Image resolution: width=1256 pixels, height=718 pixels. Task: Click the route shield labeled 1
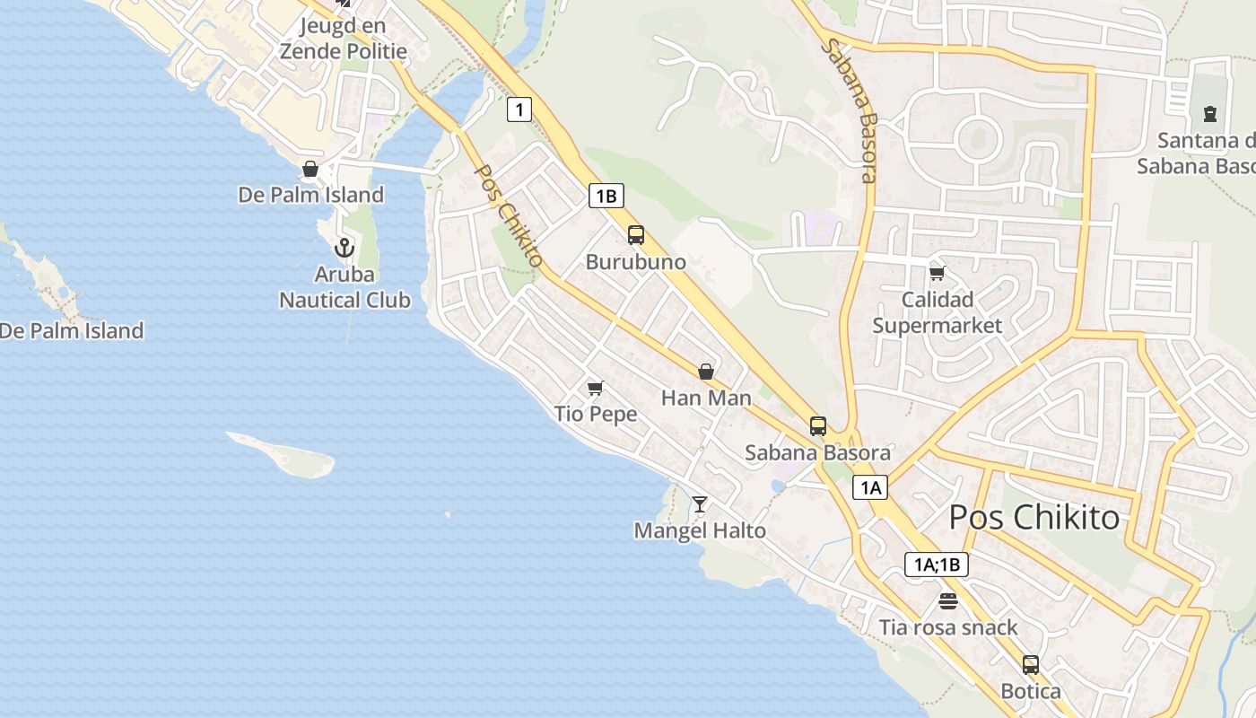click(x=519, y=109)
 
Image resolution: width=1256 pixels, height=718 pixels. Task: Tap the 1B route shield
click(x=606, y=196)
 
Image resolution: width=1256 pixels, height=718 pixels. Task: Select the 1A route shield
click(x=869, y=487)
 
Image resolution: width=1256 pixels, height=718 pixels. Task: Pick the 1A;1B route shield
click(x=936, y=565)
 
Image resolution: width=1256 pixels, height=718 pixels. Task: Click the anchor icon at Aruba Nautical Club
click(x=344, y=248)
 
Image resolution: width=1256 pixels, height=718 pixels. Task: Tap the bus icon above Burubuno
click(x=636, y=235)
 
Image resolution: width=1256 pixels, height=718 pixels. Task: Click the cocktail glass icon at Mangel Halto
click(x=700, y=504)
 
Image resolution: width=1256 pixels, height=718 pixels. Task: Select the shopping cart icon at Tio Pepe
click(x=595, y=388)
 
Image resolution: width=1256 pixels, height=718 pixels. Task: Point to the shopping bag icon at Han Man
click(x=706, y=372)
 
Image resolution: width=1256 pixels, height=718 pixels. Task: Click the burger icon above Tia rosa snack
click(x=948, y=600)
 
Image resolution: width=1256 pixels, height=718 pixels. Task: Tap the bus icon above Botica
click(x=1031, y=665)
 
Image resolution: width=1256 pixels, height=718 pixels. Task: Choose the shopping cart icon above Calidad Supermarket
click(x=937, y=273)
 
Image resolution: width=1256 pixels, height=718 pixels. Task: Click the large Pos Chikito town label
click(x=1034, y=517)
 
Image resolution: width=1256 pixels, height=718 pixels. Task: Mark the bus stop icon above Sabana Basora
click(x=817, y=426)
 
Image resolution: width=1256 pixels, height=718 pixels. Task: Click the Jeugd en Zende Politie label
click(x=343, y=39)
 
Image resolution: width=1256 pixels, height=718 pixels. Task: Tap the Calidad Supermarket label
click(x=938, y=312)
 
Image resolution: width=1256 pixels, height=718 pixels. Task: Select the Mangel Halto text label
click(x=700, y=531)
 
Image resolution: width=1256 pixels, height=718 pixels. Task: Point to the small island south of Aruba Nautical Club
click(x=285, y=455)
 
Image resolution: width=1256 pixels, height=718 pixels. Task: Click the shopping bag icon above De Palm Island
click(x=310, y=169)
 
